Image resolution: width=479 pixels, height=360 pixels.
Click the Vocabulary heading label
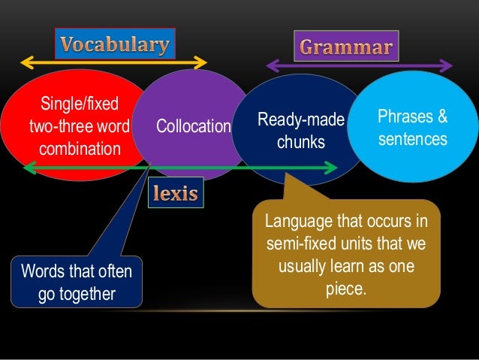(115, 44)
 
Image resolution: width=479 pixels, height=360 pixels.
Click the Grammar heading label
(345, 49)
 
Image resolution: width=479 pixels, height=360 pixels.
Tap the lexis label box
(176, 194)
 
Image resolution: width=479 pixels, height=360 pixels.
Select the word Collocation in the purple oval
(193, 126)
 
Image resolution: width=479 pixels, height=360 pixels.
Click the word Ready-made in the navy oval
(300, 119)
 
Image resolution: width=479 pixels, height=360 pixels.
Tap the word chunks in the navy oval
(301, 141)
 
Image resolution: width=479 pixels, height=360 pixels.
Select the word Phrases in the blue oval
(406, 118)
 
